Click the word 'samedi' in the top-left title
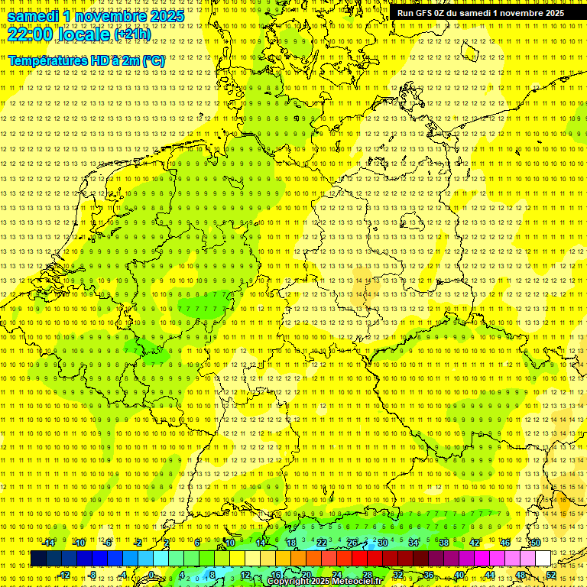click(34, 16)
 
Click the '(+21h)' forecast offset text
click(131, 34)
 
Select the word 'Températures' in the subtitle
click(47, 60)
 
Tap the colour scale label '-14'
click(49, 543)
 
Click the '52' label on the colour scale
click(551, 574)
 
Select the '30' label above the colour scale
click(382, 543)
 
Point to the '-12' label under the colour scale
click(64, 574)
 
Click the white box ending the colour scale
click(543, 558)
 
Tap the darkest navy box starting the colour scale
click(38, 558)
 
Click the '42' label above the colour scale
click(474, 543)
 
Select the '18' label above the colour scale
click(290, 543)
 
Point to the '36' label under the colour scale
click(428, 574)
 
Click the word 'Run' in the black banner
click(405, 13)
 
